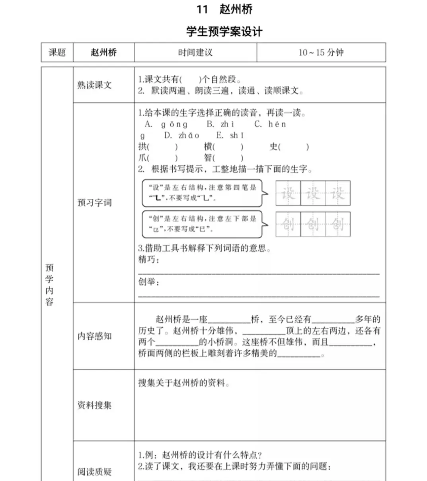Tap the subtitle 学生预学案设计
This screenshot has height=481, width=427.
click(x=224, y=32)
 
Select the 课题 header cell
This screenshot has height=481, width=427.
click(x=57, y=52)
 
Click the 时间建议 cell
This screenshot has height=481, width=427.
click(x=195, y=52)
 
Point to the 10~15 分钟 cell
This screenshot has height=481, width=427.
click(x=321, y=52)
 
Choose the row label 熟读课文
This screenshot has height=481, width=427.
click(x=94, y=85)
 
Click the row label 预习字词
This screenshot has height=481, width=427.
click(x=94, y=203)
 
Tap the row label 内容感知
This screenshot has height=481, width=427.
click(x=94, y=336)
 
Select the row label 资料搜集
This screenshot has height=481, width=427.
click(x=94, y=405)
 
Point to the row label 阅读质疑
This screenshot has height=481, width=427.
click(x=94, y=472)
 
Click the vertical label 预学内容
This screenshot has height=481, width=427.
click(x=49, y=285)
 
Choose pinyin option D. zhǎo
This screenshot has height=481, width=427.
click(x=181, y=136)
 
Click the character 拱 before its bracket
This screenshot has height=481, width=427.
click(x=142, y=147)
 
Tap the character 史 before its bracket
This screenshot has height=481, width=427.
click(x=273, y=147)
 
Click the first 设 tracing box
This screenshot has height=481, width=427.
click(x=288, y=194)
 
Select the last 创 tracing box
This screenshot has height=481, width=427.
click(x=338, y=224)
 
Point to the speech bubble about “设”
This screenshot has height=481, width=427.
click(x=202, y=193)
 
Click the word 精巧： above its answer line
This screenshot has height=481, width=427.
click(x=148, y=260)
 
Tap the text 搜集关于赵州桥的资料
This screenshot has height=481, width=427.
click(x=184, y=383)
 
